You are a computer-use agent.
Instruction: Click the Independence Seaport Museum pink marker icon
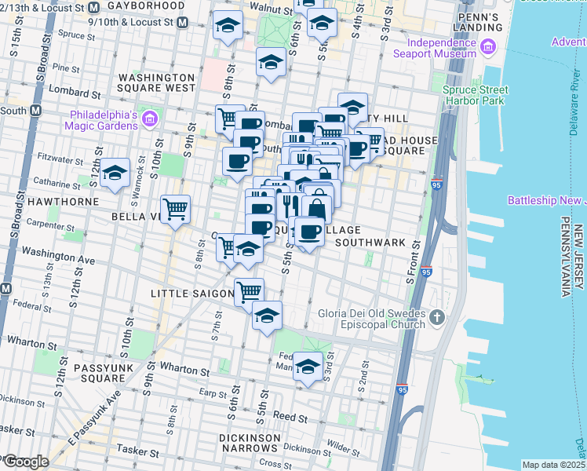coord(490,47)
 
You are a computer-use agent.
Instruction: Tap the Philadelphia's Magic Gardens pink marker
coord(150,119)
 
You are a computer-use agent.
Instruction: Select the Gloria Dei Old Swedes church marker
coord(438,318)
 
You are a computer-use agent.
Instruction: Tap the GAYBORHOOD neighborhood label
coord(147,5)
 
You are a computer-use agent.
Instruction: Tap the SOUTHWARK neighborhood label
coord(369,243)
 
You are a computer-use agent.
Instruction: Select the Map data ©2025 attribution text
coord(553,465)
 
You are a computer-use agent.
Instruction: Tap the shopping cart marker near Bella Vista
coord(177,209)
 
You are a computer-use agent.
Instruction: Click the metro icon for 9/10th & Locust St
coord(182,22)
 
